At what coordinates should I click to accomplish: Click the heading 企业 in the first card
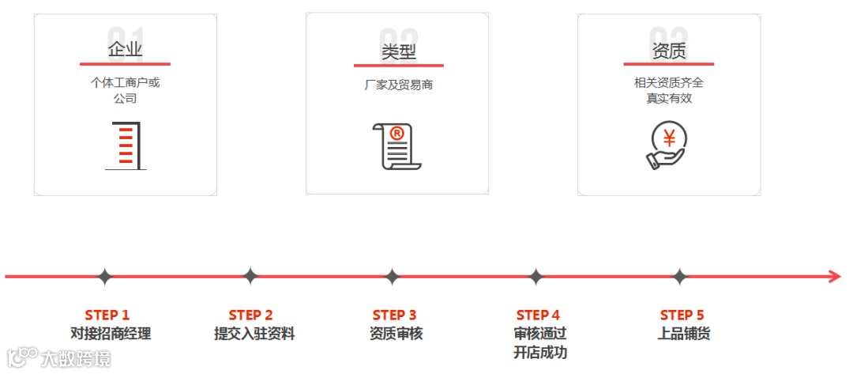125,51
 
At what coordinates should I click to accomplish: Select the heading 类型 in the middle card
398,52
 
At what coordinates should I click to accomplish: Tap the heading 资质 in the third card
668,51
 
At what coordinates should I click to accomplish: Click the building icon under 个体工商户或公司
126,146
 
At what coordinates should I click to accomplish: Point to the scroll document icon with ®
396,145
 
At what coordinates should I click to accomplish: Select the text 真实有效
669,99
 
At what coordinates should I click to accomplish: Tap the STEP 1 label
107,315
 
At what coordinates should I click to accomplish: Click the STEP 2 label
251,315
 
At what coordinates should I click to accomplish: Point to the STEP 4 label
539,315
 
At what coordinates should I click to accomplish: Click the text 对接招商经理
111,334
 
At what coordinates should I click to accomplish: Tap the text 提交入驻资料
254,334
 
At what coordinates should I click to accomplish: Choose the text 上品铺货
684,334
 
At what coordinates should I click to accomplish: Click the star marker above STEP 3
393,277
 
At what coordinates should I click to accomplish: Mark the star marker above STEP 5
680,277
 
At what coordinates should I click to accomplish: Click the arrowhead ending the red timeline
834,277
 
